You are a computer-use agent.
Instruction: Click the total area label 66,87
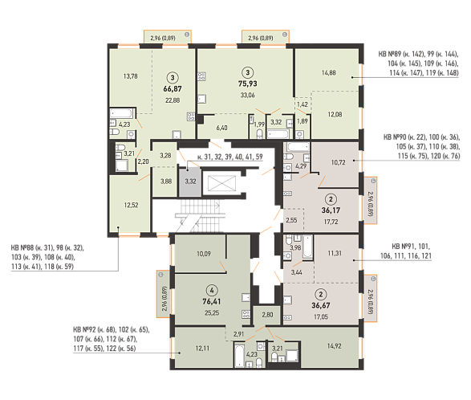[x=173, y=89]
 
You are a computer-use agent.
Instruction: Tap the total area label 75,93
[x=247, y=84]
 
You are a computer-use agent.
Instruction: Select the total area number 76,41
[x=212, y=301]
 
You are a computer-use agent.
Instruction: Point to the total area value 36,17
[x=331, y=210]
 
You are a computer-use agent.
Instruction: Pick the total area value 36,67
[x=321, y=305]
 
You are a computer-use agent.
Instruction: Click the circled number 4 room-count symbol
[x=212, y=290]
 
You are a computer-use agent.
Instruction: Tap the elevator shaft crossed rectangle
[x=221, y=183]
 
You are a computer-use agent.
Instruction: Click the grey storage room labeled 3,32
[x=190, y=182]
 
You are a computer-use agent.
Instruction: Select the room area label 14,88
[x=329, y=73]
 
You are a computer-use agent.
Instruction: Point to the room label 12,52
[x=132, y=205]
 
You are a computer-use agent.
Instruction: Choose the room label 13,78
[x=130, y=76]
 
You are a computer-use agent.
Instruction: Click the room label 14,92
[x=334, y=346]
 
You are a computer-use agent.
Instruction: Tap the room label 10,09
[x=204, y=254]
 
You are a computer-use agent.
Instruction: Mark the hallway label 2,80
[x=267, y=315]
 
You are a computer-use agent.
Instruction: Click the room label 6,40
[x=221, y=128]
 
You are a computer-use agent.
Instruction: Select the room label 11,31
[x=335, y=253]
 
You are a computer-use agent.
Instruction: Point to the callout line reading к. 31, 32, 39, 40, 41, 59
[x=230, y=157]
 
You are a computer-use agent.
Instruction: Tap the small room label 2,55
[x=291, y=220]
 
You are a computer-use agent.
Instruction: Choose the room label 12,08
[x=335, y=114]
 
